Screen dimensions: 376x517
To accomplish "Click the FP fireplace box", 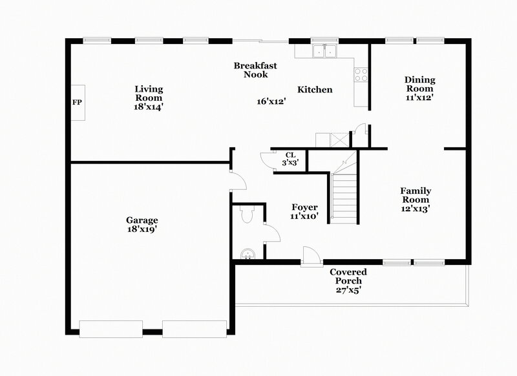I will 77,102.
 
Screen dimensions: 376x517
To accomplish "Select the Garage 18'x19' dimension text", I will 143,229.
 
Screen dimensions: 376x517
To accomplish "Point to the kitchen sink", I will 324,50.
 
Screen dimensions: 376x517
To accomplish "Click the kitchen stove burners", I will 360,74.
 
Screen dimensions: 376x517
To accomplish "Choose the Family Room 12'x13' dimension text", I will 416,208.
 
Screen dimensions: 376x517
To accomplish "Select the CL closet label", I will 290,155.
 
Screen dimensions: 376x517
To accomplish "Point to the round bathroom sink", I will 246,253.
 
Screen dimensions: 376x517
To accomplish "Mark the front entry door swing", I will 309,255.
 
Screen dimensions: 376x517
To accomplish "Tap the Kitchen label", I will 315,90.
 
